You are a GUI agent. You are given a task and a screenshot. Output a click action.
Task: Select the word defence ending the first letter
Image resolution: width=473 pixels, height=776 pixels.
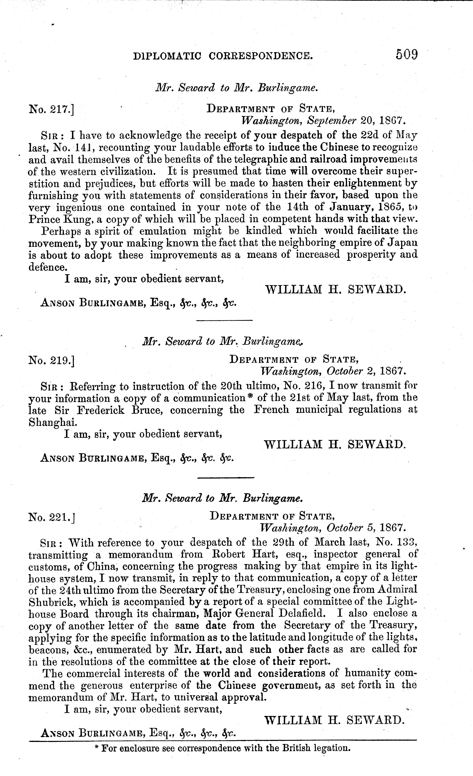click(x=48, y=267)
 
